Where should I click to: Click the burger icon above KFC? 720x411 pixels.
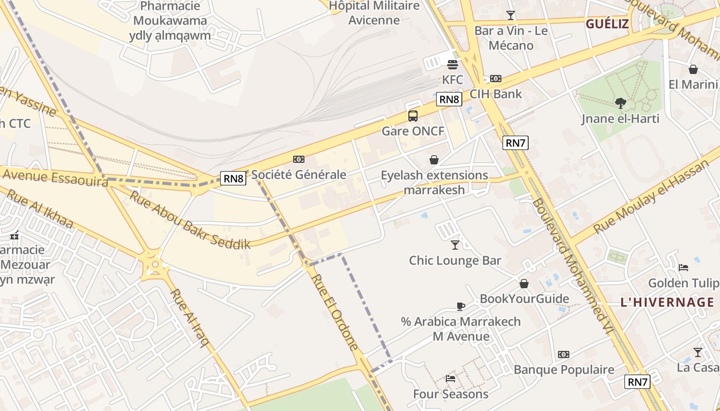point(453,65)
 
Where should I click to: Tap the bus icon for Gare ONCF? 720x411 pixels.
point(413,116)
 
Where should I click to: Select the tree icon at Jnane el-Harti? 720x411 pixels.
point(621,103)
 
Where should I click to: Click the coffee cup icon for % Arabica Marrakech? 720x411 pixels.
point(461,306)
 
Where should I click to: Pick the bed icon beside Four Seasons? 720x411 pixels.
point(451,379)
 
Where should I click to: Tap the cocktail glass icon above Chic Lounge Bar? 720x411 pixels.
point(455,245)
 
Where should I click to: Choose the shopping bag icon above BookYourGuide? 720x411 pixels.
point(524,284)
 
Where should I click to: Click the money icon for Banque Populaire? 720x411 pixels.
point(564,354)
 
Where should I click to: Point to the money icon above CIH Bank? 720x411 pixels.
point(496,79)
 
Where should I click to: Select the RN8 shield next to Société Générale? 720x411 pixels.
point(233,178)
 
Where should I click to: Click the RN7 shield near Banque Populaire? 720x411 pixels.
point(638,382)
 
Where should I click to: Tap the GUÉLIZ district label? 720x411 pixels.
point(607,24)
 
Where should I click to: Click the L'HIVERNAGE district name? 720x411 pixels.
point(667,302)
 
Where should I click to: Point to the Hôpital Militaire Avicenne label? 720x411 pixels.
point(374,13)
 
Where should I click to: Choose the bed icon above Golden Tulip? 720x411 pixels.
point(683,267)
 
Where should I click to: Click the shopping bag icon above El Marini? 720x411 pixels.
point(693,69)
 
